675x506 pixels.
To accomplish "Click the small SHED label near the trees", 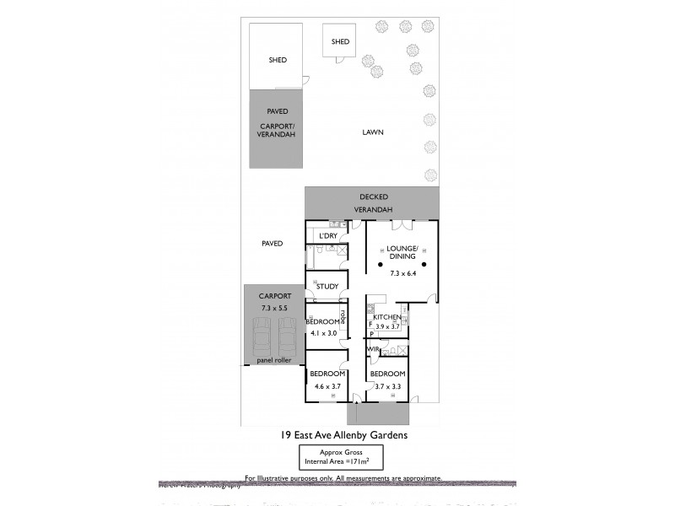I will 340,41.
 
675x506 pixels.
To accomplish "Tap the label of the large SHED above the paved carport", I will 278,60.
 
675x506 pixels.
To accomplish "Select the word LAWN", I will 373,132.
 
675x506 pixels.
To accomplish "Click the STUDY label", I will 327,287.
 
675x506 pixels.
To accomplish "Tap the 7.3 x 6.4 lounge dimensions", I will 402,275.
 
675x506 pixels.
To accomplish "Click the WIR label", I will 372,348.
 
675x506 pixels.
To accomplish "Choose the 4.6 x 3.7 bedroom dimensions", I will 327,386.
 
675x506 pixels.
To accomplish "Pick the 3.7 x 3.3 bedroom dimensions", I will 387,386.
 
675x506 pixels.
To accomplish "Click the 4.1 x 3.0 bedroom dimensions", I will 321,334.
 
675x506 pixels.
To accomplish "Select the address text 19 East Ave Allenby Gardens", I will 344,436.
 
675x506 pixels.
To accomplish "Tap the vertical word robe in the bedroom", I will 343,316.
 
